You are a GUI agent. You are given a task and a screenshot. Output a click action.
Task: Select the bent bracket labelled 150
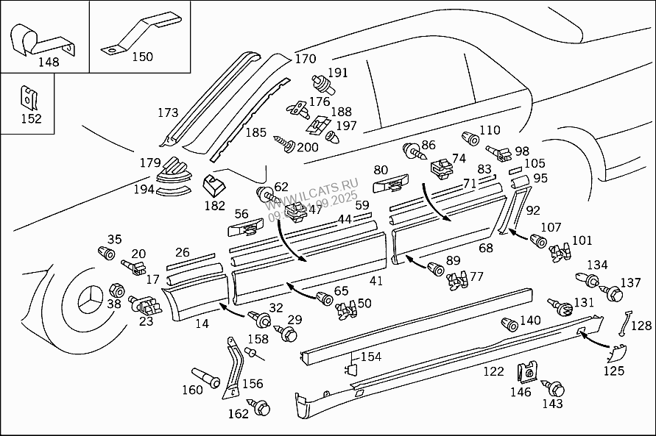(136, 32)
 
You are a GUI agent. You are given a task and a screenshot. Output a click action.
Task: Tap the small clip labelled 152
(29, 96)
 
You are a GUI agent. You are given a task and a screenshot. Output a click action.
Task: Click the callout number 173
(168, 112)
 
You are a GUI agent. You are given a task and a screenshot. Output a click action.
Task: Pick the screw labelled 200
(283, 140)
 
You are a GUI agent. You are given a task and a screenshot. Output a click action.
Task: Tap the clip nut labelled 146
(526, 374)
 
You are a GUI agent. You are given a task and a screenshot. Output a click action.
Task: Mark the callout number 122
(493, 372)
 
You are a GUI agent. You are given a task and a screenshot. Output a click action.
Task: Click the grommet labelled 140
(508, 324)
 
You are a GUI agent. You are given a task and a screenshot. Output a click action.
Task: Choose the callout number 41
(376, 280)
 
